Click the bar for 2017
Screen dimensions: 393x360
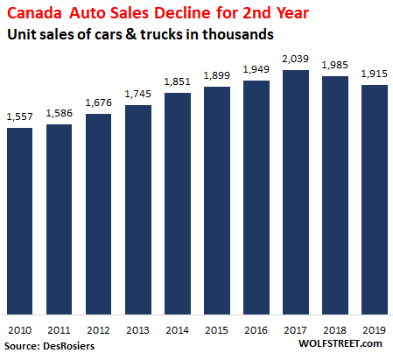click(x=296, y=192)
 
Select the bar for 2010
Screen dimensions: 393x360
click(x=19, y=221)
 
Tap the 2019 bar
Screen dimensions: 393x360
click(x=375, y=200)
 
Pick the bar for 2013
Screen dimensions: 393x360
click(x=138, y=209)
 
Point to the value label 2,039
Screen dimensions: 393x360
click(x=295, y=59)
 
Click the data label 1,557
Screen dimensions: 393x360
click(x=19, y=116)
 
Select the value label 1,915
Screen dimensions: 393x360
click(x=374, y=74)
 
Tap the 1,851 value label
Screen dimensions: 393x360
click(x=177, y=81)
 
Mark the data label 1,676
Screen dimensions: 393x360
click(x=98, y=102)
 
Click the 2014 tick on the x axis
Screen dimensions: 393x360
click(x=177, y=330)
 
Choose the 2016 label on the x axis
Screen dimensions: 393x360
click(x=256, y=330)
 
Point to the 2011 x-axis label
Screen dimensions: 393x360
click(x=59, y=330)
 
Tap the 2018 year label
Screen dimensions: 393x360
click(x=334, y=330)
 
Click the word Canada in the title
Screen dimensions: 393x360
click(x=34, y=13)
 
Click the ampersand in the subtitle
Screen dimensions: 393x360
click(x=131, y=34)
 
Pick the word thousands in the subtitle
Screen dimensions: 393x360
click(x=238, y=34)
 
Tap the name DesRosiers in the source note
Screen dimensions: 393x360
click(x=68, y=346)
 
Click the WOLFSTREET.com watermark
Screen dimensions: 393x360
click(x=340, y=343)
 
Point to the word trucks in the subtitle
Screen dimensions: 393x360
click(x=161, y=34)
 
